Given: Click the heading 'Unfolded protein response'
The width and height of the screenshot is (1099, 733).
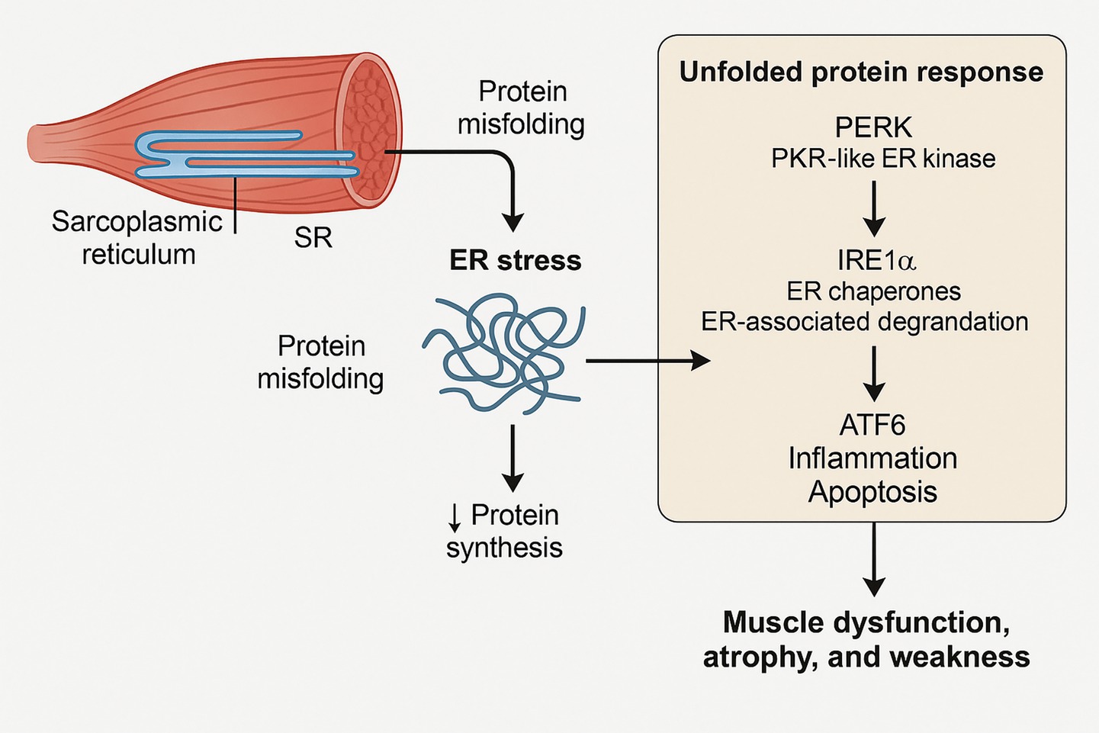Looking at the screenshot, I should (861, 72).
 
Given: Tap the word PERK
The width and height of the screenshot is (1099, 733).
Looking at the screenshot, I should (873, 127).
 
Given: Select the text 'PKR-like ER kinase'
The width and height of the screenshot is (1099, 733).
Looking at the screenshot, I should (883, 159).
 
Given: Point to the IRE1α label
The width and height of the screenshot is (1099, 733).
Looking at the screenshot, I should (876, 261).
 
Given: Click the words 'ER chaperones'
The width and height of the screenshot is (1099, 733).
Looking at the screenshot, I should (874, 291).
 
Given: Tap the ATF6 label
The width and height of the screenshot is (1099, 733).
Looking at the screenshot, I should (872, 426).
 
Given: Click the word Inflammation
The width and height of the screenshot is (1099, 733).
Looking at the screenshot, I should (872, 458).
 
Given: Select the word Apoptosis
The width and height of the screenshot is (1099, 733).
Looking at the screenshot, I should (872, 492).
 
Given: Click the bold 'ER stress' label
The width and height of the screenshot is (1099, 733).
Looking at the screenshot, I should (516, 261).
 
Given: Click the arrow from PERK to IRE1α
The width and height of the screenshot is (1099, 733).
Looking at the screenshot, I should (874, 207).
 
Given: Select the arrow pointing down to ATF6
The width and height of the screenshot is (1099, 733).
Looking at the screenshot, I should (874, 373).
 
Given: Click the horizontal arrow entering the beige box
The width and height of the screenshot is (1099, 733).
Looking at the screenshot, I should (648, 360).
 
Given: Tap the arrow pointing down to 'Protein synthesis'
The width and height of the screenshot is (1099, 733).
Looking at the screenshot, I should (513, 457).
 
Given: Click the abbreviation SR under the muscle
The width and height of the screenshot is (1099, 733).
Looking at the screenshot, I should (313, 238).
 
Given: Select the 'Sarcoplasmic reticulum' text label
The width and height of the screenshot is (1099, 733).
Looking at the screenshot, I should (137, 238).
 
